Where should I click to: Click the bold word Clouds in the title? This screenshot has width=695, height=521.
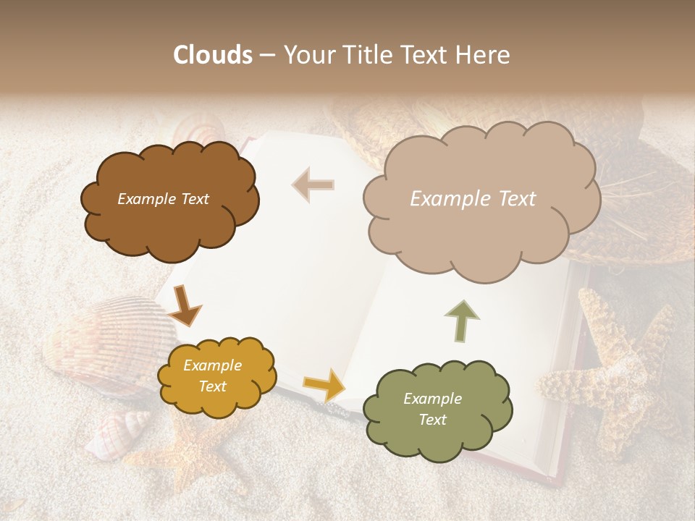click(x=213, y=55)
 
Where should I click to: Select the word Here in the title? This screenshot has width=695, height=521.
click(x=484, y=55)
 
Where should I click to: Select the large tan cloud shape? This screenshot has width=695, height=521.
click(x=481, y=232)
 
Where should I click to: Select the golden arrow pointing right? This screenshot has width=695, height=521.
click(x=324, y=384)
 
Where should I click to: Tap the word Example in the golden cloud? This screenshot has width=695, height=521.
click(x=212, y=365)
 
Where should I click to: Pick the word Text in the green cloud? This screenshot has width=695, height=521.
click(x=432, y=420)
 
